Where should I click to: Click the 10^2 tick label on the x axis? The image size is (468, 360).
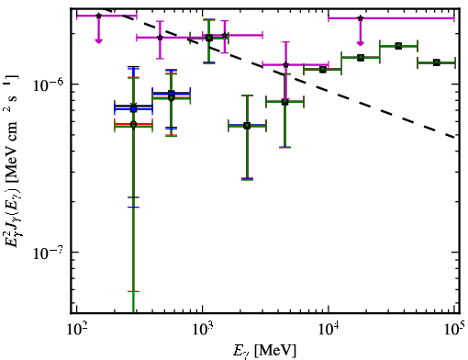pyautogui.click(x=76, y=329)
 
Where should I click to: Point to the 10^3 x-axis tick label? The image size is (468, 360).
pyautogui.click(x=203, y=329)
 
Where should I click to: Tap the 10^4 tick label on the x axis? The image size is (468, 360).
pyautogui.click(x=329, y=329)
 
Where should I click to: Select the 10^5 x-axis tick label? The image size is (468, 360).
pyautogui.click(x=454, y=329)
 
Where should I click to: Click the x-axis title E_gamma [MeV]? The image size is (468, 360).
pyautogui.click(x=264, y=351)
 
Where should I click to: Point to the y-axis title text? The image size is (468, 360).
pyautogui.click(x=12, y=161)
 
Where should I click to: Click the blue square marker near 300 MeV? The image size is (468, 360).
pyautogui.click(x=133, y=108)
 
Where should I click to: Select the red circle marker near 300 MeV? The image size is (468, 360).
pyautogui.click(x=133, y=124)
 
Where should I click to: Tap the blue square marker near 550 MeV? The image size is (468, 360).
pyautogui.click(x=172, y=94)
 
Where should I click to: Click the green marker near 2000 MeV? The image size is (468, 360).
pyautogui.click(x=247, y=126)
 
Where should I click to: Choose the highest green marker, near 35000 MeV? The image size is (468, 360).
pyautogui.click(x=398, y=46)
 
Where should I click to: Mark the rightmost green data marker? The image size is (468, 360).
pyautogui.click(x=437, y=62)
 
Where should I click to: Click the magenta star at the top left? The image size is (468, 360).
pyautogui.click(x=98, y=16)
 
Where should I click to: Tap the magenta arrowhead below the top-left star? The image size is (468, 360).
pyautogui.click(x=98, y=40)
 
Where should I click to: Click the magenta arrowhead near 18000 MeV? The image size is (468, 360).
pyautogui.click(x=361, y=43)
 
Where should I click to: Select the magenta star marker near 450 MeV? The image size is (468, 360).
pyautogui.click(x=160, y=38)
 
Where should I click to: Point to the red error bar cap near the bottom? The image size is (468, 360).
pyautogui.click(x=133, y=291)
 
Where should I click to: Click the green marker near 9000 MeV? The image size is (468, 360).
pyautogui.click(x=322, y=70)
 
